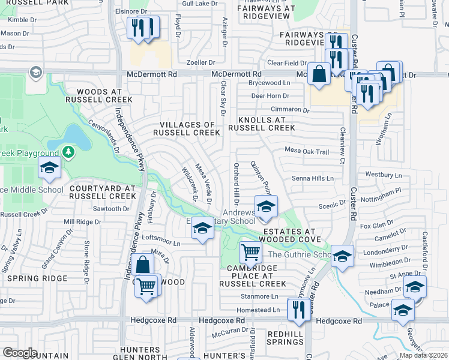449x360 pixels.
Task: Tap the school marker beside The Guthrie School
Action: click(x=342, y=256)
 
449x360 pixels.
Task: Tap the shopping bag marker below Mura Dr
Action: click(x=143, y=265)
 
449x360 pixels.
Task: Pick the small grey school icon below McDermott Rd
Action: click(x=36, y=73)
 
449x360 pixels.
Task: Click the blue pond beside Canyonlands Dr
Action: click(x=76, y=139)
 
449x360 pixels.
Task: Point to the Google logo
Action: click(x=20, y=352)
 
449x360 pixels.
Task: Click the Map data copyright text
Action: click(x=423, y=355)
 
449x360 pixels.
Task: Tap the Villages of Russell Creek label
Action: click(x=187, y=128)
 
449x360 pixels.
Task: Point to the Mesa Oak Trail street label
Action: click(x=307, y=151)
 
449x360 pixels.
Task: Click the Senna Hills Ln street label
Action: click(x=312, y=179)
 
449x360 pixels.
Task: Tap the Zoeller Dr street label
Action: click(x=200, y=62)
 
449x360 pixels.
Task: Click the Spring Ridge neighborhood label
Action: click(x=31, y=279)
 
